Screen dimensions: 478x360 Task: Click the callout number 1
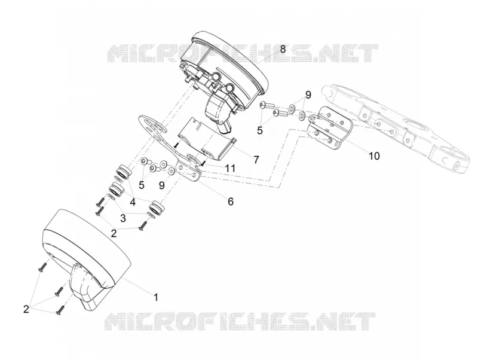coord(156,297)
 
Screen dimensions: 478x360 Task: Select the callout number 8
coord(283,49)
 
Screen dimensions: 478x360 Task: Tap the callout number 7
coord(256,159)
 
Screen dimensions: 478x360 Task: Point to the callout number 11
coord(230,168)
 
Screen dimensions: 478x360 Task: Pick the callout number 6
coord(231,201)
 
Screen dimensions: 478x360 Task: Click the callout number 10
coord(375,156)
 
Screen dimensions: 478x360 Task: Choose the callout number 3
coord(123,218)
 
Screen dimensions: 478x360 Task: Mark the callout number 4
coord(132,202)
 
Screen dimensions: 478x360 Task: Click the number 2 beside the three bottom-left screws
coord(26,309)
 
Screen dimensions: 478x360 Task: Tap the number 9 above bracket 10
coord(308,95)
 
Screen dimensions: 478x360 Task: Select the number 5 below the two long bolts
coord(259,130)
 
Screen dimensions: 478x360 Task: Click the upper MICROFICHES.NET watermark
coord(243,53)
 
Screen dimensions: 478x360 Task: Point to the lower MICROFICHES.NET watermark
coord(240,322)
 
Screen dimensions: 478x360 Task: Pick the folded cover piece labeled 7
coord(206,139)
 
